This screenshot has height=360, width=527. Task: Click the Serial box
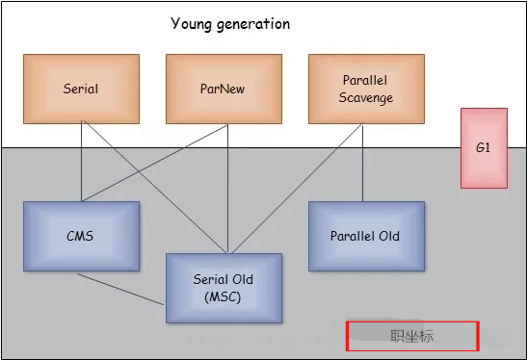[81, 89]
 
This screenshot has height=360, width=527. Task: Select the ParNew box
[224, 89]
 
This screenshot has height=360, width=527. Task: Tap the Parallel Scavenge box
[366, 89]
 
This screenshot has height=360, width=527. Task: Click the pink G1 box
[484, 148]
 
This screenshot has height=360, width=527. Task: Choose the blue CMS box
[81, 236]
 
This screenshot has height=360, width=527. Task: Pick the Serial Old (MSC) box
[224, 287]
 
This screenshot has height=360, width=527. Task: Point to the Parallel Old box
[366, 236]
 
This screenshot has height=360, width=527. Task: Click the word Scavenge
[366, 97]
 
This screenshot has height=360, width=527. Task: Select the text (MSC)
[224, 296]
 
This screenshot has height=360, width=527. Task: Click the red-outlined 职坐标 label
[411, 336]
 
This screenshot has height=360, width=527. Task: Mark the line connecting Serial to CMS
[81, 164]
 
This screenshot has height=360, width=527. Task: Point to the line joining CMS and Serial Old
[120, 288]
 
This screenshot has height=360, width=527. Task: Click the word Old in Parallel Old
[388, 236]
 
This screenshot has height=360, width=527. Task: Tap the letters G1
[484, 148]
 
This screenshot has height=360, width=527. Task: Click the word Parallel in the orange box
[366, 81]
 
